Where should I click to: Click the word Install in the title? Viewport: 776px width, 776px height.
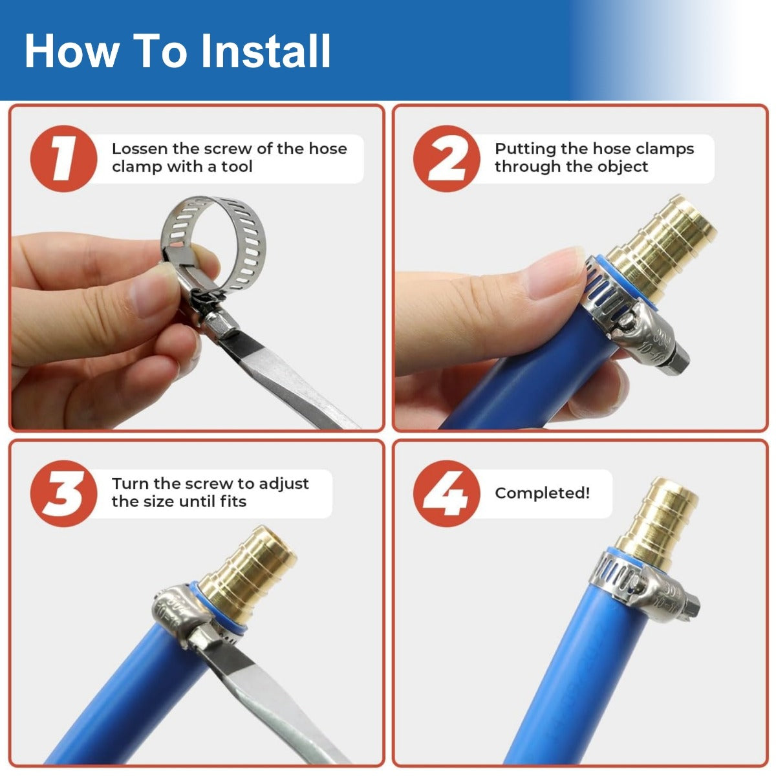pos(266,51)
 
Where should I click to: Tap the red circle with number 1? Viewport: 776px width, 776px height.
pos(63,158)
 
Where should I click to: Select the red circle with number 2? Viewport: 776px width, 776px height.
pos(447,158)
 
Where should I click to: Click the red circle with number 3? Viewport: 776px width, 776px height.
pos(63,493)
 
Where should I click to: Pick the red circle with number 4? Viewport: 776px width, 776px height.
pos(447,493)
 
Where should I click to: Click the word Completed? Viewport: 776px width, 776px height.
pos(542,493)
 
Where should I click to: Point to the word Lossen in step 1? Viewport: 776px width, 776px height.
pos(139,149)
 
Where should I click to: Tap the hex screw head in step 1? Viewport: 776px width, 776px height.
pos(221,326)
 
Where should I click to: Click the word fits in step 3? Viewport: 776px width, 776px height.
pos(233,501)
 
